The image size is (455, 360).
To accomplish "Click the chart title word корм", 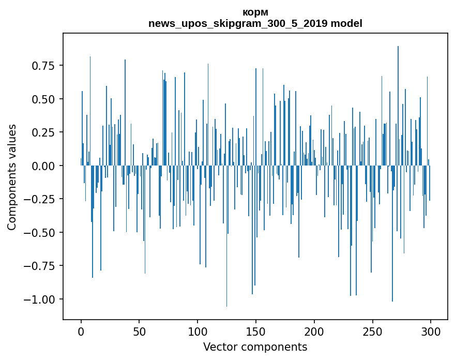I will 255,12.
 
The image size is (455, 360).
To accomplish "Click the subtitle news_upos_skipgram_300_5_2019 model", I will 255,23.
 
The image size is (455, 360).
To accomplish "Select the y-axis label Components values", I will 12,177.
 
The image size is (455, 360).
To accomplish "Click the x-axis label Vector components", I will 255,347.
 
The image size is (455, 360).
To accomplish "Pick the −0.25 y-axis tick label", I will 41,199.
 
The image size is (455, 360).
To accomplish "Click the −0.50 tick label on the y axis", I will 41,232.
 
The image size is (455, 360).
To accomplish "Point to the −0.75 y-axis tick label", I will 41,266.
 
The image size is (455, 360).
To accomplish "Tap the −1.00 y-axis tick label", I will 41,299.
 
